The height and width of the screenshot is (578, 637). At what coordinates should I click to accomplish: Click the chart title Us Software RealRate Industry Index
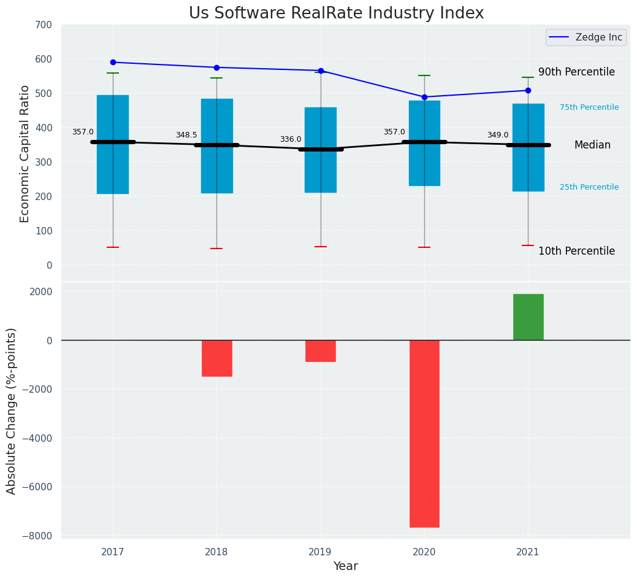point(336,13)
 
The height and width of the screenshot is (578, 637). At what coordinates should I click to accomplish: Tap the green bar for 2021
point(528,317)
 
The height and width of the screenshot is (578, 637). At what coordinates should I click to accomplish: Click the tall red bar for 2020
point(424,433)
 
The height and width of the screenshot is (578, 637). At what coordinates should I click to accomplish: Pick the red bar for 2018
point(216,358)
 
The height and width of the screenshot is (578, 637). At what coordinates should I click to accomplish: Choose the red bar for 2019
point(321,350)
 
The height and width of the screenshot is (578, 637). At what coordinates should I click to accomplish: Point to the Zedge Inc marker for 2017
point(113,63)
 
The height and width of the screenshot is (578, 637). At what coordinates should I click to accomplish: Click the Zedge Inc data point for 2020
point(424,97)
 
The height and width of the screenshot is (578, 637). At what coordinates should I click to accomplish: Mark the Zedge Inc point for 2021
point(528,91)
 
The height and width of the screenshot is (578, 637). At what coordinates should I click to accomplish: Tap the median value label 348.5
point(186,136)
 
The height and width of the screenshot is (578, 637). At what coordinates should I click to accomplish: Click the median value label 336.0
point(291,140)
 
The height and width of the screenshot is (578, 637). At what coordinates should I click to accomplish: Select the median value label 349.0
point(498,136)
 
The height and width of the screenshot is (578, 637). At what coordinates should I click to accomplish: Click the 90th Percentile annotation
point(576,72)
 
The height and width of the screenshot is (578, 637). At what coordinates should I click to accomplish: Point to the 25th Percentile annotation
point(589,187)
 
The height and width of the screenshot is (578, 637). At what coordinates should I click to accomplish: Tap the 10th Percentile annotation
point(576,252)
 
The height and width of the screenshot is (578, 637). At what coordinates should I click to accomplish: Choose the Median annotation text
point(592,145)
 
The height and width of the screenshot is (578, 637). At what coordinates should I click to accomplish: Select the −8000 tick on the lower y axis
point(39,536)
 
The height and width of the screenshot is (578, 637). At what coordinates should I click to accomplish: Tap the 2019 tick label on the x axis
point(320,552)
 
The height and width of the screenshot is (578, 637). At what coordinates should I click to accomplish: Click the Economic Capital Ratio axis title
point(25,153)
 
